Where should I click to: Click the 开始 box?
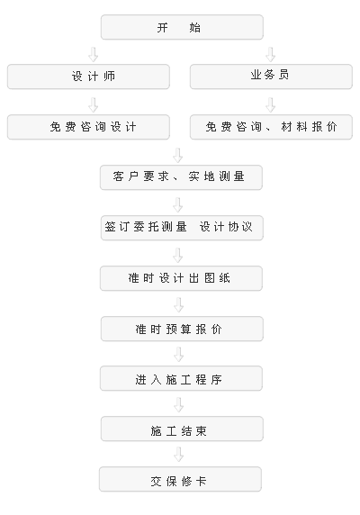click(x=182, y=27)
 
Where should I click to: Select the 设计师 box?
click(x=88, y=77)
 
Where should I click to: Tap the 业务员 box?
click(x=271, y=77)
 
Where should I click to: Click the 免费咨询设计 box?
click(x=88, y=127)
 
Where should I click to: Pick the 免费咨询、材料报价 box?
click(x=271, y=127)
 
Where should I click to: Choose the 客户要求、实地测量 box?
click(x=181, y=177)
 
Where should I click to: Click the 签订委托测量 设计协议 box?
click(x=182, y=228)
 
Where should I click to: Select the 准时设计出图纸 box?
click(x=181, y=278)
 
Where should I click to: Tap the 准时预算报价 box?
click(x=182, y=329)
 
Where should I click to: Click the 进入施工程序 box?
click(x=181, y=378)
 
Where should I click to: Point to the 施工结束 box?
click(x=182, y=429)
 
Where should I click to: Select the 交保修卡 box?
click(x=180, y=479)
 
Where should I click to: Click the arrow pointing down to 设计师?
click(x=94, y=55)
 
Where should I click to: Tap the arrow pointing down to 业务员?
click(x=270, y=55)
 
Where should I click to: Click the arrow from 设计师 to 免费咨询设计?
click(x=94, y=104)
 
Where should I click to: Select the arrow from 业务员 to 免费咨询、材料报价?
click(x=270, y=104)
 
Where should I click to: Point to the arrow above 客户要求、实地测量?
click(x=178, y=156)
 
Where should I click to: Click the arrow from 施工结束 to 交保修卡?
click(x=178, y=455)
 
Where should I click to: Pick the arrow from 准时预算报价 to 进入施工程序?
click(x=178, y=355)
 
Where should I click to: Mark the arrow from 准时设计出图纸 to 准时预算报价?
click(x=178, y=305)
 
